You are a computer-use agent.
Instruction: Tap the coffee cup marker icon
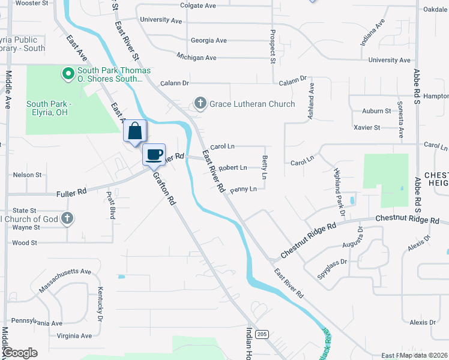click(x=154, y=154)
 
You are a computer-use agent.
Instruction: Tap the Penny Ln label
click(x=243, y=189)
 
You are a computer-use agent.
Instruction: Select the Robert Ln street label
click(x=232, y=168)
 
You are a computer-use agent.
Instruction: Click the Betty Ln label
click(x=264, y=166)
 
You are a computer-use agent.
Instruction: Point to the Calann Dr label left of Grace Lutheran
click(x=173, y=83)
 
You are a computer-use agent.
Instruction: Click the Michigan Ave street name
click(x=196, y=58)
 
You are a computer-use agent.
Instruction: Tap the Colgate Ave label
click(x=197, y=6)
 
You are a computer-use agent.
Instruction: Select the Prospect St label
click(x=273, y=46)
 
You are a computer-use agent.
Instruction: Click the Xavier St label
click(x=367, y=127)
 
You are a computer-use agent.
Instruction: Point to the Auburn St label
click(x=376, y=111)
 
